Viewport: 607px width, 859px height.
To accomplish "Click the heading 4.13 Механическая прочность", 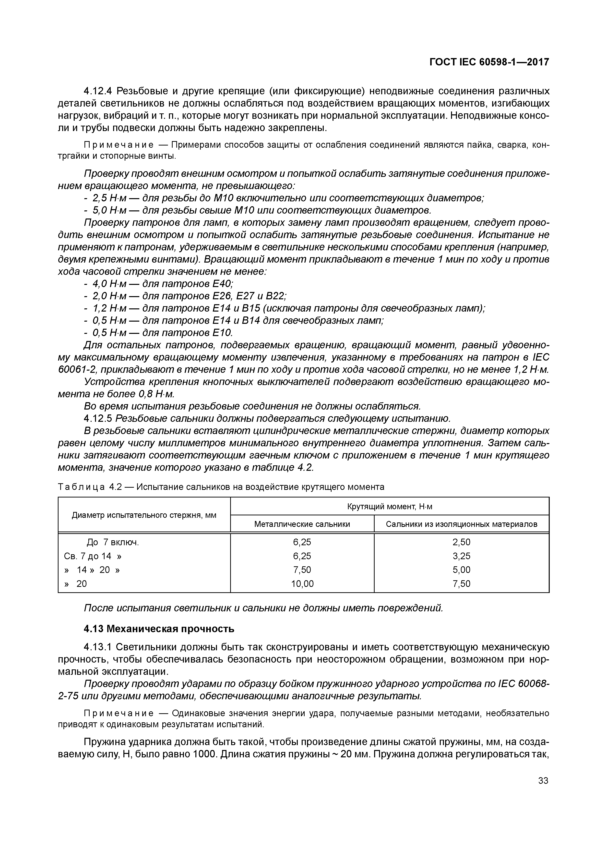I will [x=159, y=629].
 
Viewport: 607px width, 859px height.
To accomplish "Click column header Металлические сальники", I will [x=302, y=524].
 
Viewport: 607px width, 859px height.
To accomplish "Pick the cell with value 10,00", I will [x=302, y=584].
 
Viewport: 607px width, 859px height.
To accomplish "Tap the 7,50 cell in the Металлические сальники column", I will [x=302, y=570].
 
